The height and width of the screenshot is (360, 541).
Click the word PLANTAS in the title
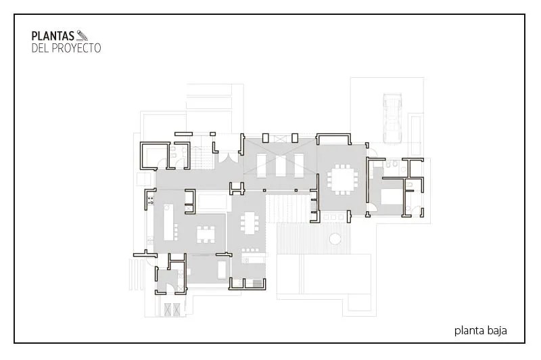click(53, 36)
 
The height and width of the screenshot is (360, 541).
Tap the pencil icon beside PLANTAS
click(82, 36)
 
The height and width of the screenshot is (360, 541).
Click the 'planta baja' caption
click(480, 331)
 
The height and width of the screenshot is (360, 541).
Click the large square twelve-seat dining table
click(343, 179)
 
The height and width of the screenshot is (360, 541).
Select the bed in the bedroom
click(392, 196)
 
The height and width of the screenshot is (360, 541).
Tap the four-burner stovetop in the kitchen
click(150, 200)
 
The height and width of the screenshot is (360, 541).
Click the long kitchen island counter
click(168, 222)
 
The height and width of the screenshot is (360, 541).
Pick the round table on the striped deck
click(335, 238)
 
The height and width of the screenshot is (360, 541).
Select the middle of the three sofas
click(280, 166)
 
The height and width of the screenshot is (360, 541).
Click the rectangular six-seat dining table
click(250, 223)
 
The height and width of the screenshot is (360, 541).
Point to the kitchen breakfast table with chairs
click(206, 234)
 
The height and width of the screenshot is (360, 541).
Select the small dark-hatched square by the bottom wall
click(258, 284)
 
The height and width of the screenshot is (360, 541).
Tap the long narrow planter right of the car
click(415, 135)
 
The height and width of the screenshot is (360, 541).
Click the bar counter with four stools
click(255, 254)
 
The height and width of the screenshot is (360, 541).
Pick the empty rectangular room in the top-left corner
click(154, 156)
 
